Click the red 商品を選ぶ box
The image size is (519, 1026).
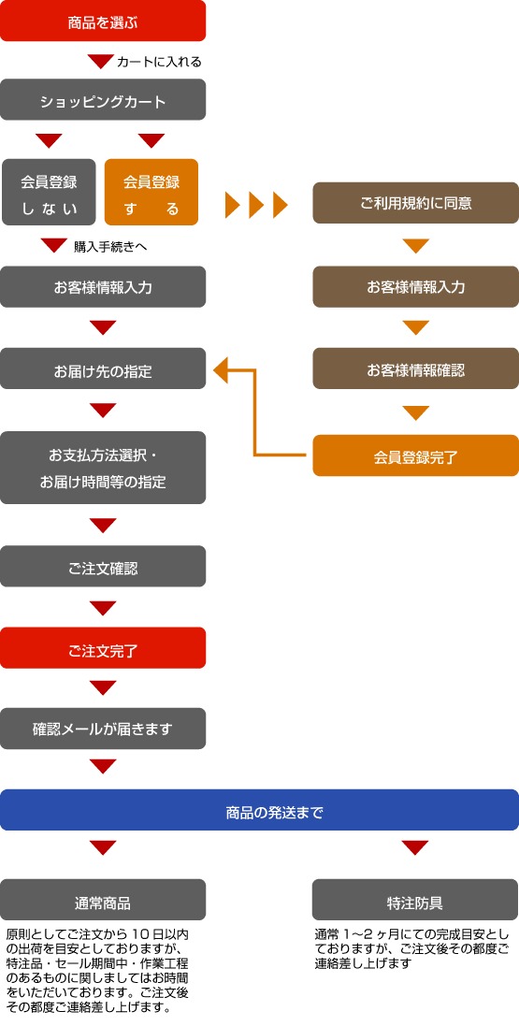click(103, 21)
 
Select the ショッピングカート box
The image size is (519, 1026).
click(103, 99)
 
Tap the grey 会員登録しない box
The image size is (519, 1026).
click(49, 193)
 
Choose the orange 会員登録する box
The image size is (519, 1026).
click(151, 193)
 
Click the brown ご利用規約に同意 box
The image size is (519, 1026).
click(415, 203)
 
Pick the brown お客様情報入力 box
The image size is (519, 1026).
click(415, 286)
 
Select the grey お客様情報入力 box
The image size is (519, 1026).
click(103, 286)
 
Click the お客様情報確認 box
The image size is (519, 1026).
click(415, 369)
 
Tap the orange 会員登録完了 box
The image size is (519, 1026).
click(415, 455)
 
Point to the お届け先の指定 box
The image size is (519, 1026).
click(103, 369)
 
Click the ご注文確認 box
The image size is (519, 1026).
click(103, 567)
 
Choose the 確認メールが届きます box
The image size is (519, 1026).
click(103, 729)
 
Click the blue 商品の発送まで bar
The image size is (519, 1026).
click(259, 810)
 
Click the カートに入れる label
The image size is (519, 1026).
click(159, 62)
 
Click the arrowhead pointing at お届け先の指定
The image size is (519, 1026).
click(220, 369)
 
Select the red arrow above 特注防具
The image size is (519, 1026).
click(415, 848)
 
